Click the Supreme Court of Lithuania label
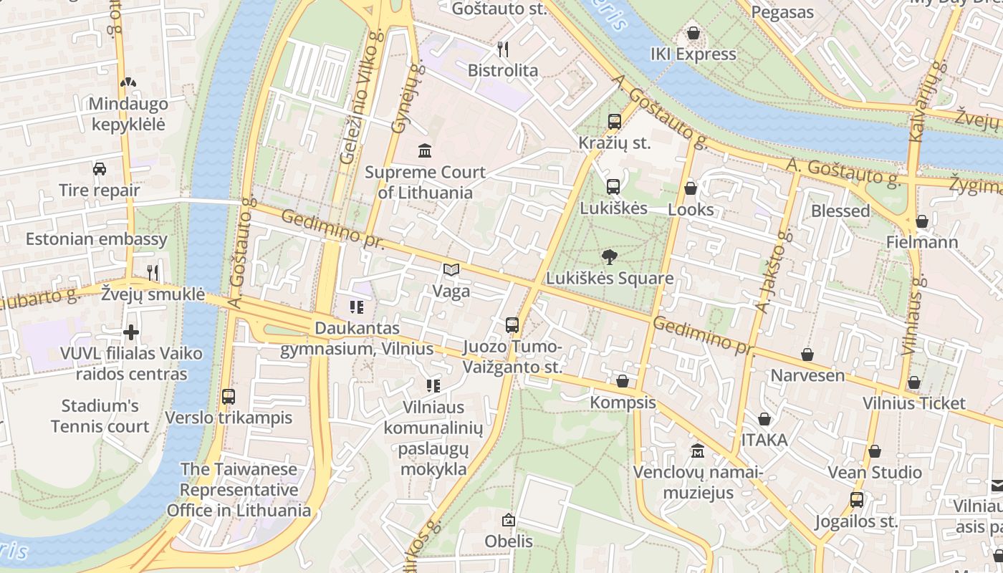(425, 183)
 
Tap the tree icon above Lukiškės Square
(610, 256)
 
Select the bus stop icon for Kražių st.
(614, 122)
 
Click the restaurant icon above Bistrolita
(503, 49)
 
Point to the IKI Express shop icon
(693, 33)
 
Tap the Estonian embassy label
(97, 239)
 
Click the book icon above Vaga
(451, 269)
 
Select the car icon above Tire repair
(100, 169)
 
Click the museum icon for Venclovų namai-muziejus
(697, 451)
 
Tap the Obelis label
(509, 541)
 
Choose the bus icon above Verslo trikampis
(229, 396)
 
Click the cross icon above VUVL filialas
(130, 332)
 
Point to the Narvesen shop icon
(807, 355)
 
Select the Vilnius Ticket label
(914, 403)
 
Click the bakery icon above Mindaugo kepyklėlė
(128, 82)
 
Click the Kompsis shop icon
(623, 381)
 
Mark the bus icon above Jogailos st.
(856, 499)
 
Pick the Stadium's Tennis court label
(100, 416)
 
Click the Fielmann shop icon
(922, 221)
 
